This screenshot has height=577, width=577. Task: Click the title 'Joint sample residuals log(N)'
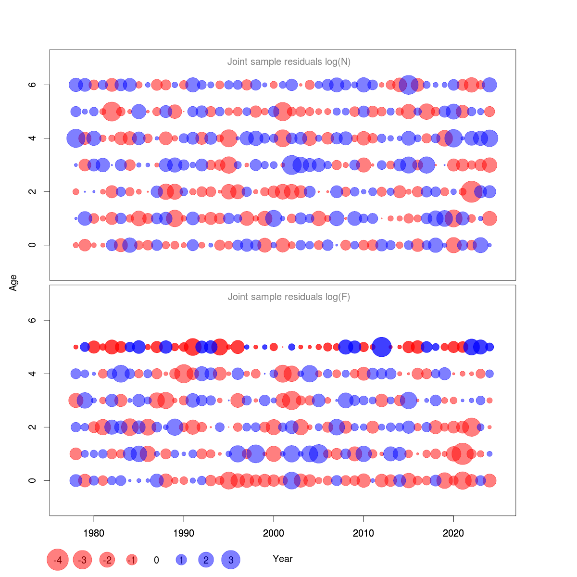pos(288,62)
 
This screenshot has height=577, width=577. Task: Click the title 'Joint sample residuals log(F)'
pos(288,297)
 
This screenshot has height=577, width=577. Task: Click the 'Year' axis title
pos(283,559)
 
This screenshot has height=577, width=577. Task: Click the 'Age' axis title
pos(13,282)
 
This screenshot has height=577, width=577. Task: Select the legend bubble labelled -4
pos(58,560)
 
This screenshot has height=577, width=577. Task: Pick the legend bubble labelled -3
pos(83,560)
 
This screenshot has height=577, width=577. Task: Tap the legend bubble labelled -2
pos(107,560)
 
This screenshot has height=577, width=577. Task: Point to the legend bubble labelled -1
pos(132,560)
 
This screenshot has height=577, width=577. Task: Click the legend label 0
pos(156,560)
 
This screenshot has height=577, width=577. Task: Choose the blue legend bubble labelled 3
pos(231,560)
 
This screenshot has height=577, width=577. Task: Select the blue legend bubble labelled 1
pos(181,560)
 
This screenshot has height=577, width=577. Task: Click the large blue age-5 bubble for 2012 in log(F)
pos(382,347)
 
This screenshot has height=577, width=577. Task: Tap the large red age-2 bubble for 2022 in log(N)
pos(472,191)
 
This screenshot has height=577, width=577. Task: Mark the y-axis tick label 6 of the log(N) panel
pos(32,85)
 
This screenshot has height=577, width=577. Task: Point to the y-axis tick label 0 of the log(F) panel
pos(32,480)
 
